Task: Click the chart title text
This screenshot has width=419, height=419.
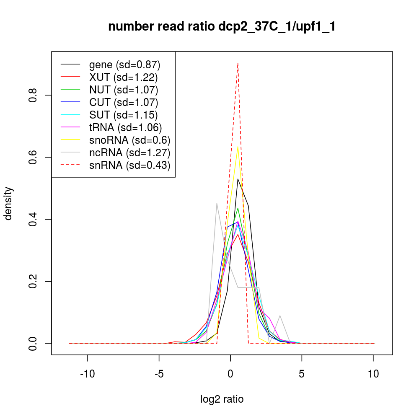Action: pos(222,27)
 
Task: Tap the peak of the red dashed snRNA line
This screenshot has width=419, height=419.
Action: pos(238,63)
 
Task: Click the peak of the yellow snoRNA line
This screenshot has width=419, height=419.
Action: pos(238,147)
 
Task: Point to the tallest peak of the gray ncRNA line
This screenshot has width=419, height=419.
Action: pos(217,203)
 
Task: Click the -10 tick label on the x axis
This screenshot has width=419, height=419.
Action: pos(88,373)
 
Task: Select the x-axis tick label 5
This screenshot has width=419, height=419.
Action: pos(302,373)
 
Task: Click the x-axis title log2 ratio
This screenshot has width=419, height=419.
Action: pos(222,399)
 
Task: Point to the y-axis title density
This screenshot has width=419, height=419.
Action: pos(8,203)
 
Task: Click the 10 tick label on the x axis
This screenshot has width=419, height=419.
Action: pos(373,373)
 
